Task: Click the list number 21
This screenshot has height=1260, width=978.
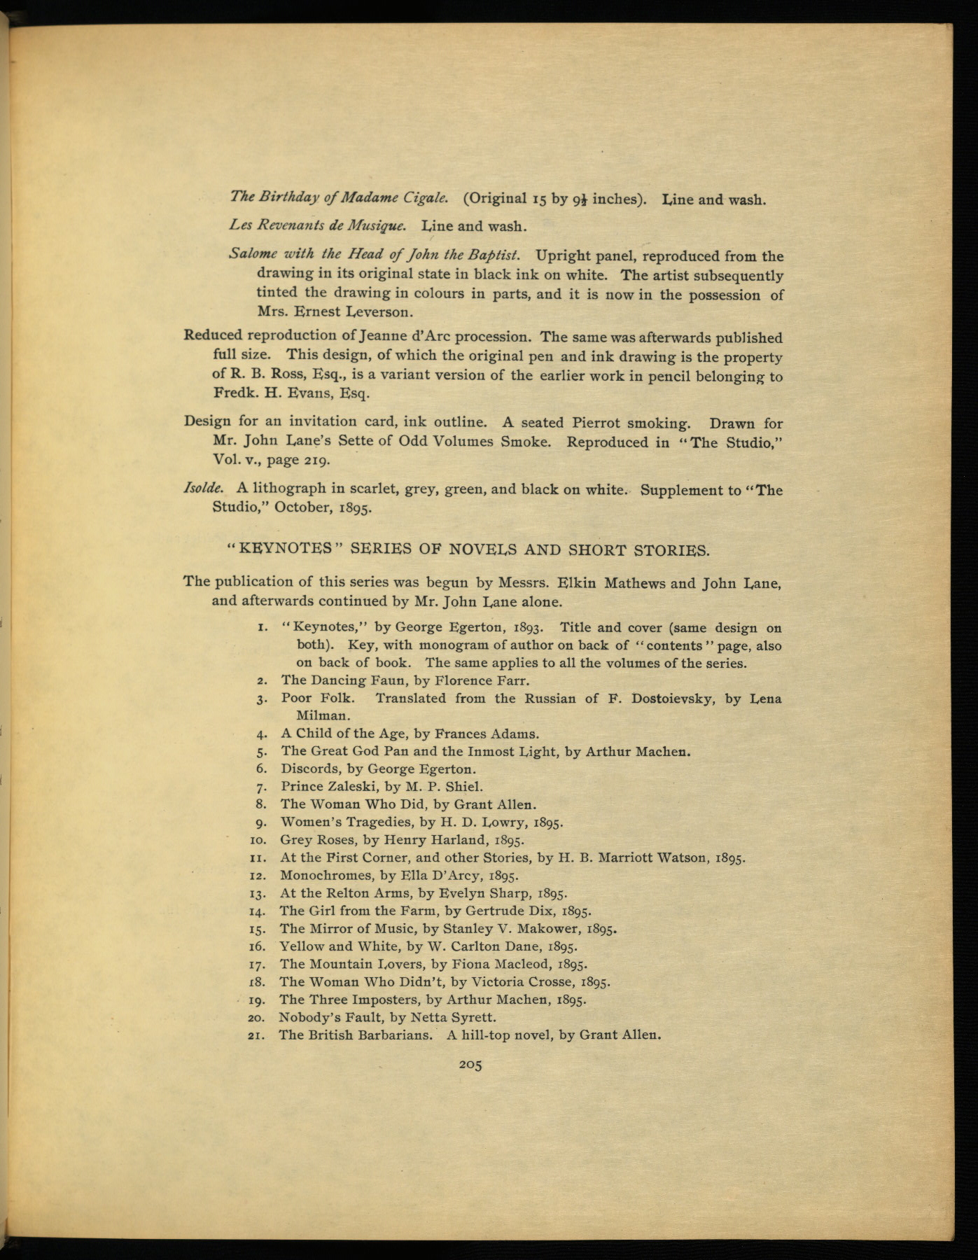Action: [x=256, y=1035]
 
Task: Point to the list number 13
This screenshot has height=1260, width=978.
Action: [x=256, y=893]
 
